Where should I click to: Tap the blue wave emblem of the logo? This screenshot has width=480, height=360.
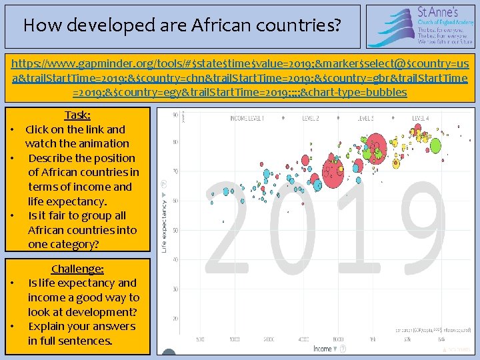click(391, 27)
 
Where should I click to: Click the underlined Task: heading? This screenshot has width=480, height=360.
click(77, 115)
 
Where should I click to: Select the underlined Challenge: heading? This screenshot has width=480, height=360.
click(77, 269)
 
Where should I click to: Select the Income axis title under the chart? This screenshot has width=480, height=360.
click(323, 349)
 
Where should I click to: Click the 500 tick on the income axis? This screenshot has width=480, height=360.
click(199, 339)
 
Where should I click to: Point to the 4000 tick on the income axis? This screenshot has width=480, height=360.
click(304, 339)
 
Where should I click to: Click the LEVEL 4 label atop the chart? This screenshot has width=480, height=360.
click(419, 119)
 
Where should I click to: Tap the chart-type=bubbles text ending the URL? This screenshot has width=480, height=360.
click(353, 91)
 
